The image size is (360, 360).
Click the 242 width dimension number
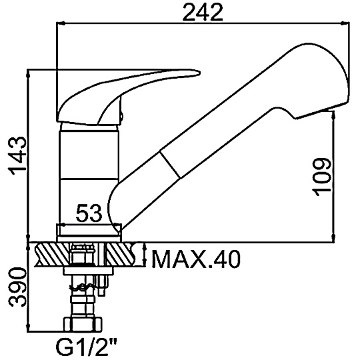click(203, 13)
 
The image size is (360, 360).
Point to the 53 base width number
click(89, 213)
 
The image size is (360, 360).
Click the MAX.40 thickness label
click(196, 259)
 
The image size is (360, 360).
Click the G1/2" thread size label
click(86, 349)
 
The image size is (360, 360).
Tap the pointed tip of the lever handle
click(200, 73)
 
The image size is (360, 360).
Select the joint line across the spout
click(171, 164)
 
